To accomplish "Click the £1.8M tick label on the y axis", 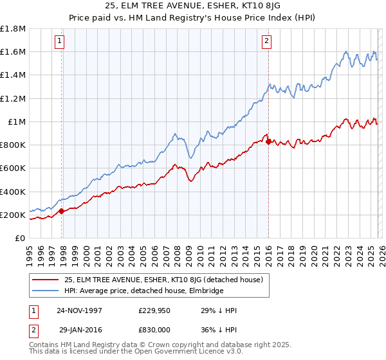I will click(x=13, y=29).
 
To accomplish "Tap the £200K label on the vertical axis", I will click(x=13, y=215).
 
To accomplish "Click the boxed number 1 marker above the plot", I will click(x=59, y=42).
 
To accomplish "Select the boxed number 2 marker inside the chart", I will click(x=266, y=42).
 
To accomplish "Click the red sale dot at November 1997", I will click(x=62, y=211).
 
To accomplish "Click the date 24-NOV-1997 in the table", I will click(x=79, y=310).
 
